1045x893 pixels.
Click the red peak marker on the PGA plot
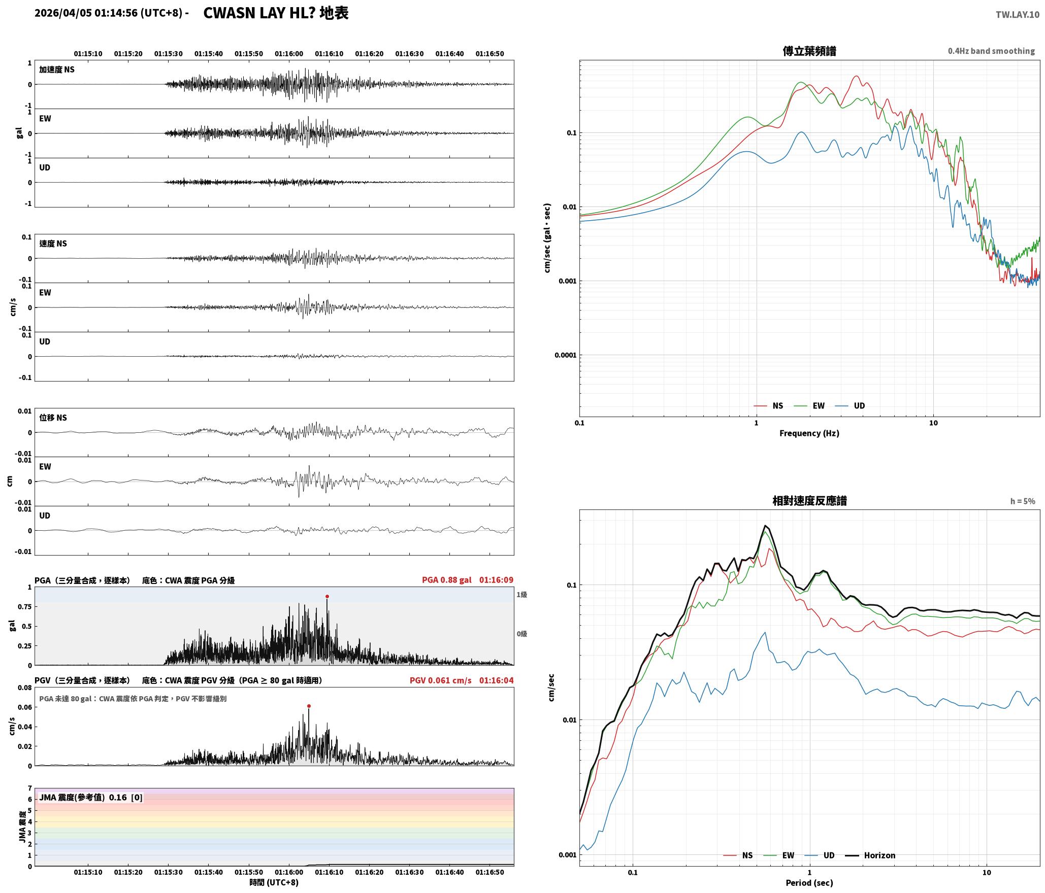point(327,596)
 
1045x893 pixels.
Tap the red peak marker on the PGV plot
point(309,706)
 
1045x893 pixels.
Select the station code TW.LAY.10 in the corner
point(1017,15)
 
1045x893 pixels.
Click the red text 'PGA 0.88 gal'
point(446,580)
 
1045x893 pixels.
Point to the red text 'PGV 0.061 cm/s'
point(440,680)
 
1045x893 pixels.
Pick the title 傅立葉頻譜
point(809,51)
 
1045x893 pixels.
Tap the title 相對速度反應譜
point(809,501)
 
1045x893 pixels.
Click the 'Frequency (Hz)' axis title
point(809,433)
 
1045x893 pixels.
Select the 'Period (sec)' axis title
point(809,883)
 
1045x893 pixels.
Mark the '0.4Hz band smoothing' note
point(991,51)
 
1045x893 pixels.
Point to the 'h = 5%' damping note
point(1023,501)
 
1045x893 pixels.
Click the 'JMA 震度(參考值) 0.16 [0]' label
point(91,798)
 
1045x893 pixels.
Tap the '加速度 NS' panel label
point(57,70)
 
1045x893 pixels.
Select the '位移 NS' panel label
point(53,418)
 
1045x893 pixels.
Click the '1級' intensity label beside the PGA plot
point(521,595)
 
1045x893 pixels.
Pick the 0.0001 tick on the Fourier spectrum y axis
point(566,355)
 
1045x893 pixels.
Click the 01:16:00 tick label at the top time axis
point(289,54)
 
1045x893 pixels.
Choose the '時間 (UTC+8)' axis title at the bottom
point(274,883)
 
